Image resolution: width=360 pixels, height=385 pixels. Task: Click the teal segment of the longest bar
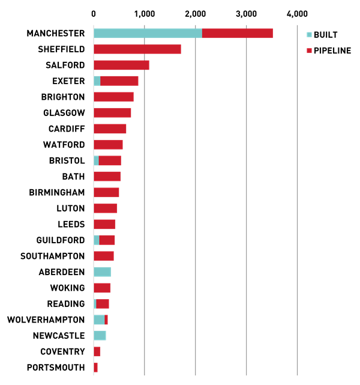click(148, 34)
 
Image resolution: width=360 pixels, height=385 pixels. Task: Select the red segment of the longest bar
click(238, 34)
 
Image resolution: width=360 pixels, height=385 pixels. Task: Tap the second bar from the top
click(137, 49)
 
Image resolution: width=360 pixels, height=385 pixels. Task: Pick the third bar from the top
click(121, 65)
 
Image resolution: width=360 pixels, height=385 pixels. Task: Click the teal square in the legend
click(309, 35)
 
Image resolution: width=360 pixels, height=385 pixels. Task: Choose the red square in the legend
click(309, 51)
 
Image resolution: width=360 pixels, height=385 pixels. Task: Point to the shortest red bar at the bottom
click(95, 367)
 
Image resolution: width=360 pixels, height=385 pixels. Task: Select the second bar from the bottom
click(97, 351)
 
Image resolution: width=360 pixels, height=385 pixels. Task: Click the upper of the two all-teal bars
click(102, 271)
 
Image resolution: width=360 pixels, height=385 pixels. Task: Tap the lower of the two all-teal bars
click(100, 335)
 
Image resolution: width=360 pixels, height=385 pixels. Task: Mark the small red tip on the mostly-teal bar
click(106, 320)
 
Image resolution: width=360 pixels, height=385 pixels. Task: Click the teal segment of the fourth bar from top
click(97, 80)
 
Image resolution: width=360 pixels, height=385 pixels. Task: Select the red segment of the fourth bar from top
click(119, 80)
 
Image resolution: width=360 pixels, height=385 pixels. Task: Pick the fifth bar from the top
click(113, 97)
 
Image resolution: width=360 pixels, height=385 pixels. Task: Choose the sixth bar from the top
click(112, 112)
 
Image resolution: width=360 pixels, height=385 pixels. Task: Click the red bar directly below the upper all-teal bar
click(102, 288)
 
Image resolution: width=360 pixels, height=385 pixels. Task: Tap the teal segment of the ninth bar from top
click(96, 160)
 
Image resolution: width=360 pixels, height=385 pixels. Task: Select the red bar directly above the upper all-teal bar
click(103, 256)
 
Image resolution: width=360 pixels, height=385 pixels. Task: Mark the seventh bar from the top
click(110, 129)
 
